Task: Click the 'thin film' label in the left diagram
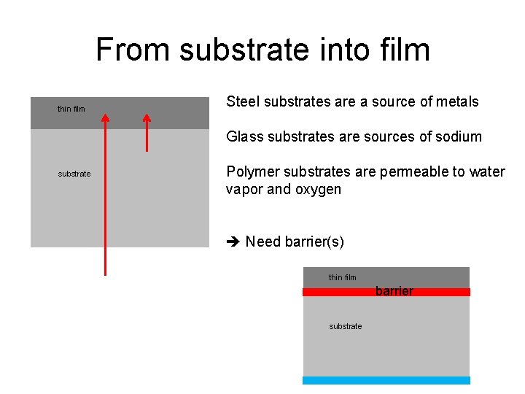(x=71, y=109)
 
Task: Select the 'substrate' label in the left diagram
(x=74, y=174)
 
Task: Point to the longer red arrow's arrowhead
(x=105, y=117)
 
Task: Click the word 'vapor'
(x=244, y=190)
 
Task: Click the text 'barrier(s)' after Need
(x=314, y=242)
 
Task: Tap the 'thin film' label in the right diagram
(x=343, y=277)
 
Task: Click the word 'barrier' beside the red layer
(x=394, y=291)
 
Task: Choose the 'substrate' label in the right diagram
(x=346, y=326)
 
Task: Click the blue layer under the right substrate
(x=386, y=380)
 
